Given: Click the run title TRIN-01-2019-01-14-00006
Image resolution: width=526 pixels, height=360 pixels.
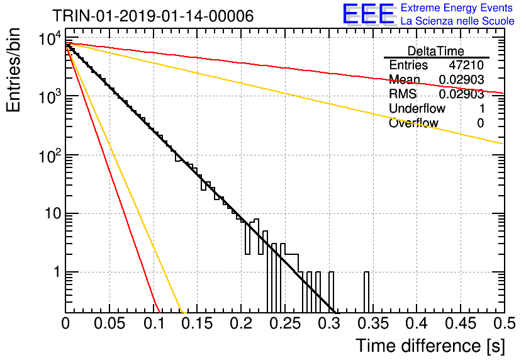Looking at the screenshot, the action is pos(153,16).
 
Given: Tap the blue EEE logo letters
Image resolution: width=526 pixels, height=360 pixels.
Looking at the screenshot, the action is pos(369,14).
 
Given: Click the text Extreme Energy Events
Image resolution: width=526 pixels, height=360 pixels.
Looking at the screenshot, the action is pos(457,8).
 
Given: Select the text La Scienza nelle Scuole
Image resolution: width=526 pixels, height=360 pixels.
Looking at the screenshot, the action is pos(457,21).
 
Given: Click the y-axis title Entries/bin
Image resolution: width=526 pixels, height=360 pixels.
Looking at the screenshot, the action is pos(13,70).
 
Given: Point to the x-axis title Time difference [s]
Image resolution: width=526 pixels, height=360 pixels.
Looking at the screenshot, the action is pos(430,346).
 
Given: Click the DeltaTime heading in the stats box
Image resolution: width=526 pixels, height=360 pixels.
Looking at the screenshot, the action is pos(436,51).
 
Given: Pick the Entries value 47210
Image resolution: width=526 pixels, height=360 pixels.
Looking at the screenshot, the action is pos(466,65).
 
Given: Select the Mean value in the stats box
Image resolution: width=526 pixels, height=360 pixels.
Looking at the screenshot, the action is pos(461,79).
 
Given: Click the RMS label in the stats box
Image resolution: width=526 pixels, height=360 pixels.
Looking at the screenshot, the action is pos(403,94).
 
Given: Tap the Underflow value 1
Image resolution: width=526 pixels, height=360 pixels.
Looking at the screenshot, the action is pos(482,108).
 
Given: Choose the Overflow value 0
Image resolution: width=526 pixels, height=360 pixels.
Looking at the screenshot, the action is pos(481,123).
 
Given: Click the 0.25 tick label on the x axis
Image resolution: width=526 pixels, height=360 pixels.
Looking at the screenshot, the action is pos(285,323).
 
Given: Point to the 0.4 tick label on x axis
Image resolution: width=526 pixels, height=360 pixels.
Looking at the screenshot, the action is pos(417,323).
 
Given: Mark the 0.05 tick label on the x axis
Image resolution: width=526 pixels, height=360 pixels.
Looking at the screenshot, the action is pos(109,323).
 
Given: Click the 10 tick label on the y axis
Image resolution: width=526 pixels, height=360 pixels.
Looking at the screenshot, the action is pos(53,213).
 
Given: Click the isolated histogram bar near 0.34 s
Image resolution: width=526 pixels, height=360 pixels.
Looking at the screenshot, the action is pos(367,292).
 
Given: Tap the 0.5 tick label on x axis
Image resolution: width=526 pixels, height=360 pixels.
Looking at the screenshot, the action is pos(505,323).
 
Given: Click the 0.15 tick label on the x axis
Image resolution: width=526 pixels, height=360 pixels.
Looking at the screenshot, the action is pos(198,323).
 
